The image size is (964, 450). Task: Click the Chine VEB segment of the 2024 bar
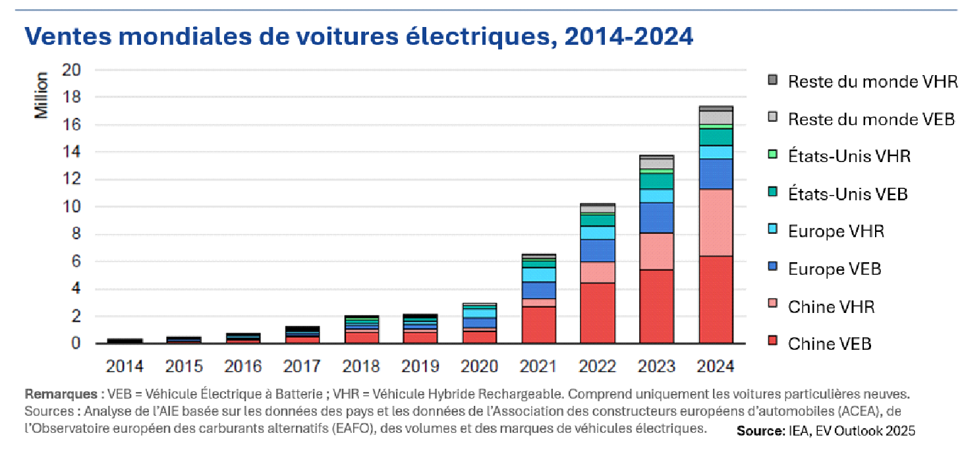pos(716,300)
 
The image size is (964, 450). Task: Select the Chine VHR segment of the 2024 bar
pos(716,223)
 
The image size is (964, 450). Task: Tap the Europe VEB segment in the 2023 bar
pos(657,217)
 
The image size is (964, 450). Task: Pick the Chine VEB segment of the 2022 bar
pos(598,313)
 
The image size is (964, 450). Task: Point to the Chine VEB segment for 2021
pos(538,325)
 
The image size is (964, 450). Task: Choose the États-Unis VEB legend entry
pos(847,194)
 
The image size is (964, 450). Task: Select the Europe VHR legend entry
pos(836,231)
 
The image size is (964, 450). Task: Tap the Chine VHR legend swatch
pos(773,306)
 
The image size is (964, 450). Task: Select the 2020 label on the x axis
pos(479,366)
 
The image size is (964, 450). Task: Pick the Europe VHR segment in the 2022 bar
pos(598,233)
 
